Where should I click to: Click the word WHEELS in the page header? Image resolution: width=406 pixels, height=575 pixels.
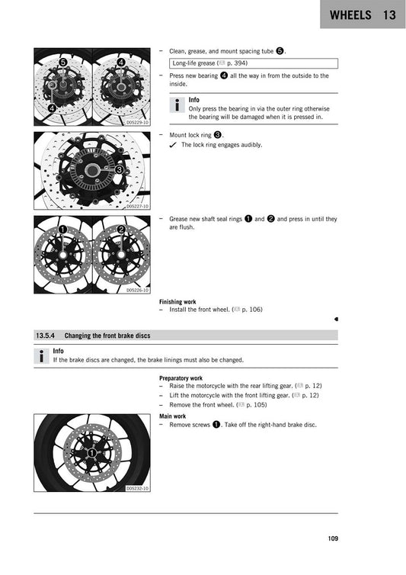(352, 15)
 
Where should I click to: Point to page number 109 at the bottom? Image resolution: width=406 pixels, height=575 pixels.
(332, 540)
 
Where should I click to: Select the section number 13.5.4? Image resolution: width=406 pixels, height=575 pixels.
(47, 335)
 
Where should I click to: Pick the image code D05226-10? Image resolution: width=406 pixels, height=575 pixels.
(137, 290)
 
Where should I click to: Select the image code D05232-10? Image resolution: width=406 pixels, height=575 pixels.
(137, 488)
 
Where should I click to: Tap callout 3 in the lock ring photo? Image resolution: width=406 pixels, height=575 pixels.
(120, 169)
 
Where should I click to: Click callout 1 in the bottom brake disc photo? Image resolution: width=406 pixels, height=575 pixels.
(91, 453)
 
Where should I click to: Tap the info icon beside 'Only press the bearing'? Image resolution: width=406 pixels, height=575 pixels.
(175, 107)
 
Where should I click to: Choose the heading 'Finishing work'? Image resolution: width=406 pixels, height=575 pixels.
(177, 301)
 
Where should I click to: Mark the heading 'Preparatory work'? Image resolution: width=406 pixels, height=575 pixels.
(181, 378)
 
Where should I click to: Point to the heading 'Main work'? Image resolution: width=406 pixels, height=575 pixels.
(172, 416)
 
